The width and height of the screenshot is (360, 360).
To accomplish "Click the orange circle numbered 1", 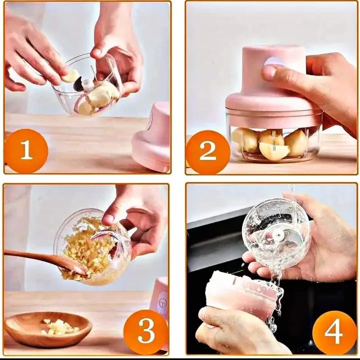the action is (25, 150).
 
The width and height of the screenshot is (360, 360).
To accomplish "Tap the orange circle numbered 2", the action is (207, 151).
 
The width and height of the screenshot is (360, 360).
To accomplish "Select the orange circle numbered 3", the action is (146, 332).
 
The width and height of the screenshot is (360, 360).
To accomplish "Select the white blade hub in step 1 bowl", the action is (87, 84).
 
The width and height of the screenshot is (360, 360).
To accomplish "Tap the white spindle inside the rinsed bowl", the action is (278, 234).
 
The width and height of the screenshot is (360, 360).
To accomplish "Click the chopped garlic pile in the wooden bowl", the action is (60, 327).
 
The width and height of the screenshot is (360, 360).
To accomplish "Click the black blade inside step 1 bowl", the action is (77, 84).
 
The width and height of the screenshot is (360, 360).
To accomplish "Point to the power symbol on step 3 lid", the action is (163, 302).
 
